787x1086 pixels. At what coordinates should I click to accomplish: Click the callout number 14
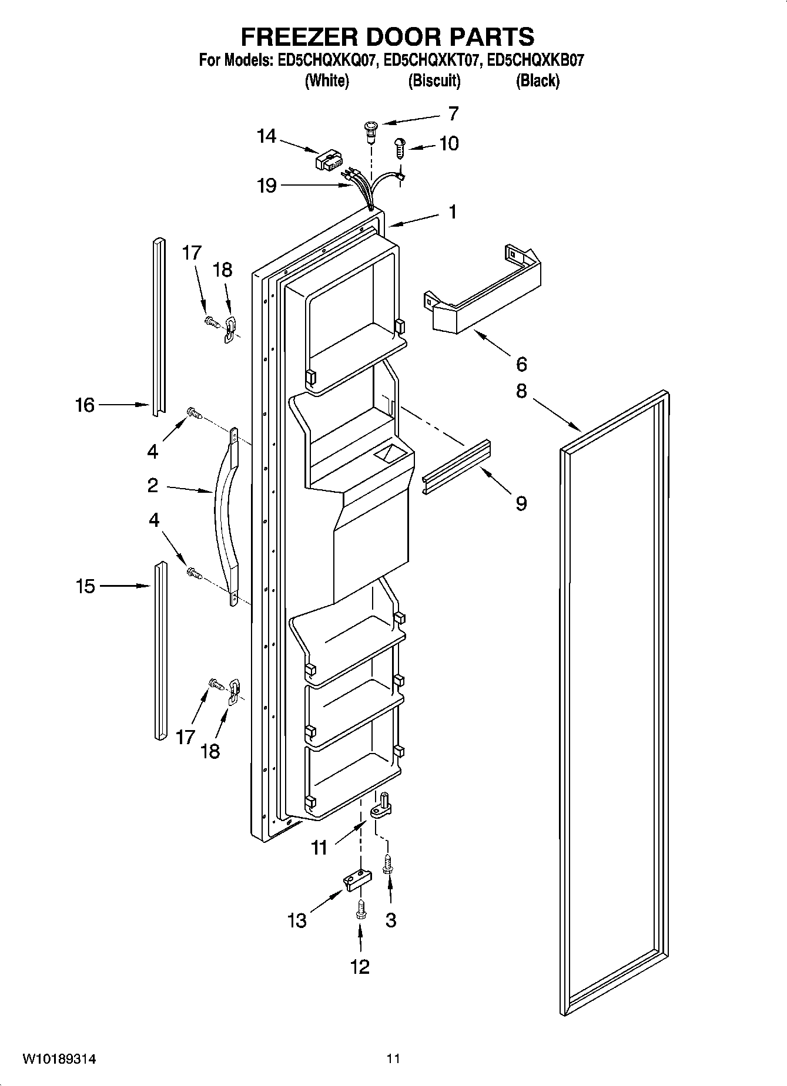[x=266, y=136]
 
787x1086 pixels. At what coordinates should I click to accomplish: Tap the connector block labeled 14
[x=330, y=160]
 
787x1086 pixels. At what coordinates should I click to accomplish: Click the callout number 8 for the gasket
[x=521, y=391]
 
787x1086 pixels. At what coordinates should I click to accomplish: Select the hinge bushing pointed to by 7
[x=370, y=130]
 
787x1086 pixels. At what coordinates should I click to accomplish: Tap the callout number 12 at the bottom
[x=360, y=966]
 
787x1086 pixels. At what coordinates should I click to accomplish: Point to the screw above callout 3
[x=387, y=865]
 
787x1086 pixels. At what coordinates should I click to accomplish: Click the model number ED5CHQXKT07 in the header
[x=433, y=60]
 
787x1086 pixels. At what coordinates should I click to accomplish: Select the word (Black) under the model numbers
[x=537, y=81]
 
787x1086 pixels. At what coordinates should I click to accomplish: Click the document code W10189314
[x=59, y=1059]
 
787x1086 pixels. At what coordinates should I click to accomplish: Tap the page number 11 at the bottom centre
[x=393, y=1059]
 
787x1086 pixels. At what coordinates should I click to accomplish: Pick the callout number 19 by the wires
[x=267, y=186]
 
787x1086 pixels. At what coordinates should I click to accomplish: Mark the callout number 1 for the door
[x=452, y=212]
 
